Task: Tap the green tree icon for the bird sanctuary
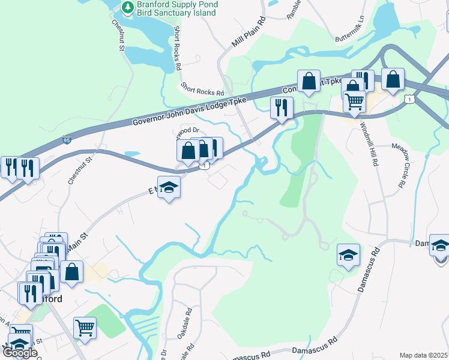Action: (x=127, y=7)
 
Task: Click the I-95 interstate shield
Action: (x=66, y=140)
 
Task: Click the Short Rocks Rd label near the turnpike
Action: (x=202, y=89)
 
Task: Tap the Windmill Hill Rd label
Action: (x=369, y=144)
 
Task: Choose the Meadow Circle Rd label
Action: (x=403, y=166)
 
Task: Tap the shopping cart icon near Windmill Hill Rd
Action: (x=354, y=101)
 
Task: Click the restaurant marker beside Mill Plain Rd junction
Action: (x=281, y=107)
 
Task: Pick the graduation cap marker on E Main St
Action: (x=169, y=187)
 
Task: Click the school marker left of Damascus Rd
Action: (x=348, y=254)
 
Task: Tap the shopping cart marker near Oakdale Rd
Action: (x=85, y=328)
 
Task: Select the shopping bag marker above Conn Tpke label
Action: (x=309, y=80)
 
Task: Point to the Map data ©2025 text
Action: (x=423, y=355)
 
